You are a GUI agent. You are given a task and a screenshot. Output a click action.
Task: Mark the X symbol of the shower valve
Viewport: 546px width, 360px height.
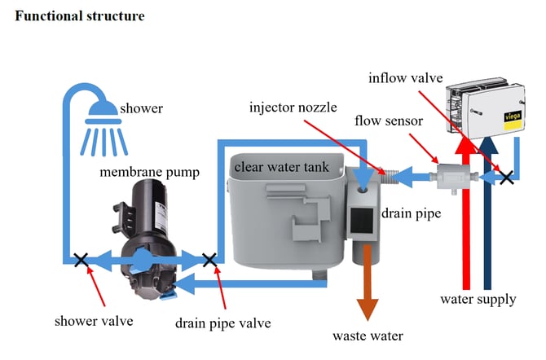pos(81,261)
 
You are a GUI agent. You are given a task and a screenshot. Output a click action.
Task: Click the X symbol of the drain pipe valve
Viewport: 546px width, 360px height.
pos(209,261)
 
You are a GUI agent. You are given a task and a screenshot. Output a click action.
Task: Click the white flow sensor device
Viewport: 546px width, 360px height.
pos(451,177)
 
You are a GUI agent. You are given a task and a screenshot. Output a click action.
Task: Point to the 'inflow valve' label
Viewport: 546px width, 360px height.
pos(405,78)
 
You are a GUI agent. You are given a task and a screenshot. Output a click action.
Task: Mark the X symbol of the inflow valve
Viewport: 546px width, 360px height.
pos(506,176)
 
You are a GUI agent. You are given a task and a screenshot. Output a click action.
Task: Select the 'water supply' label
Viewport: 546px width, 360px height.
pos(478,299)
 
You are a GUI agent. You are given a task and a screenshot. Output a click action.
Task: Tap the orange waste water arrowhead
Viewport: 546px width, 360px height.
pos(368,308)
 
